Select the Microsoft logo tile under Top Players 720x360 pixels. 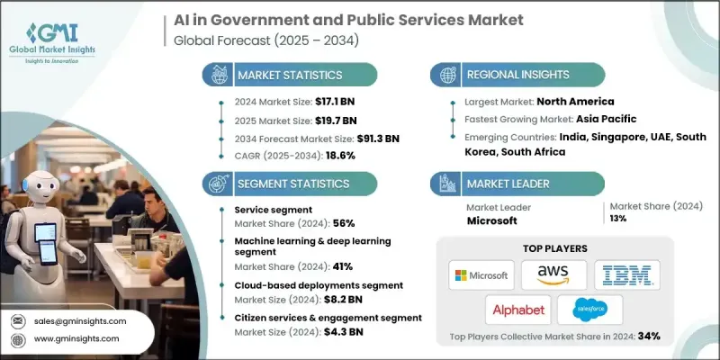481,274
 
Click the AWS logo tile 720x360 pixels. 553,274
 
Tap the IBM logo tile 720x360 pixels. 626,274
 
